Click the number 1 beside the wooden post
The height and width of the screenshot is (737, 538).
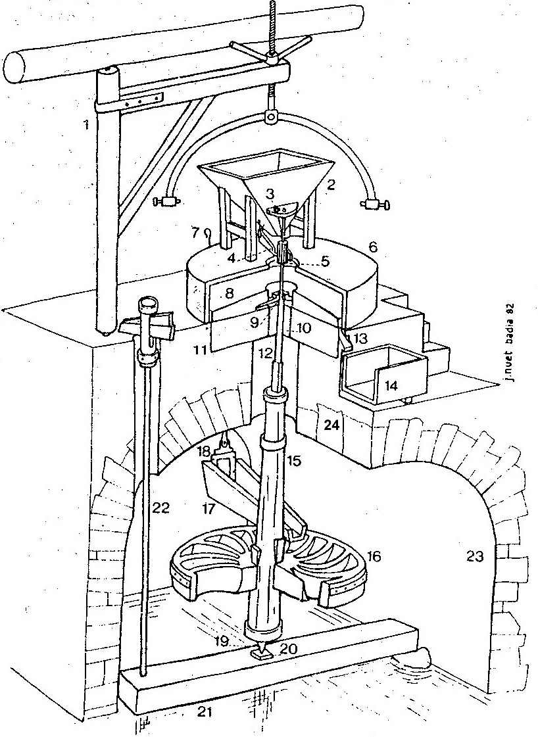coord(86,124)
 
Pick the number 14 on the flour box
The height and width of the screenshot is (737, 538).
coord(391,386)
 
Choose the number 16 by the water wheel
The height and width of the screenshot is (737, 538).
coord(374,556)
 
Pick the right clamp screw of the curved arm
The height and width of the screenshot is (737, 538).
coord(377,204)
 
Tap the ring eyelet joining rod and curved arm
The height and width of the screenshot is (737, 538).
coord(271,117)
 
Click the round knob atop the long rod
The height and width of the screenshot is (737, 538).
coord(149,304)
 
